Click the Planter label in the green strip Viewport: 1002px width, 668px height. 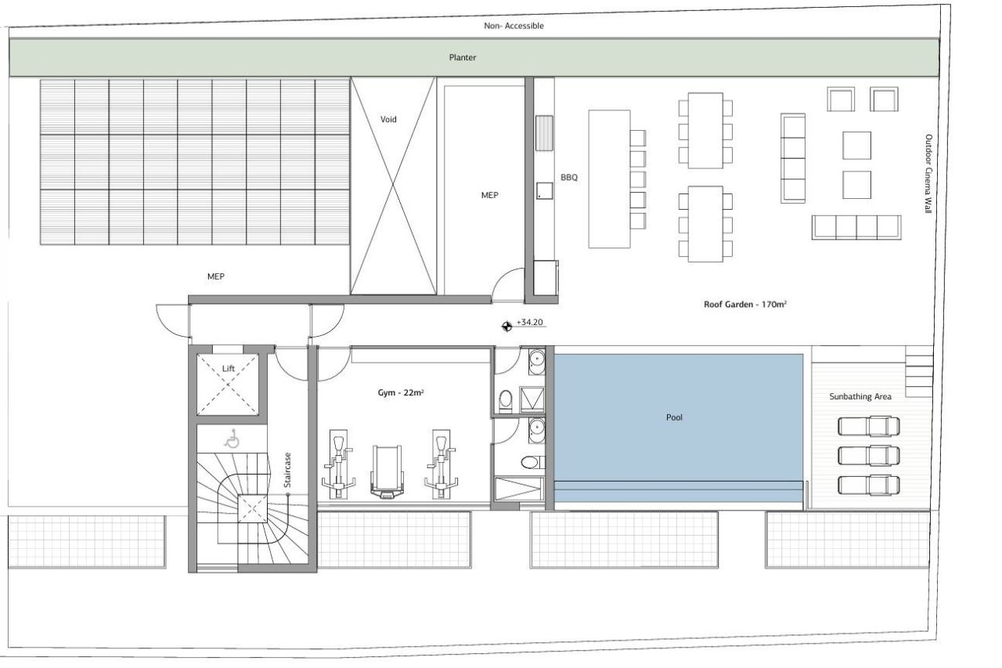click(x=462, y=57)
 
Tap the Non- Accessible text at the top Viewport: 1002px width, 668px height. click(x=514, y=26)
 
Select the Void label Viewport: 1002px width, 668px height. click(x=388, y=119)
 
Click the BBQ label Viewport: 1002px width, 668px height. click(x=568, y=178)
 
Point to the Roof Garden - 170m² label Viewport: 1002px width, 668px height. click(x=744, y=305)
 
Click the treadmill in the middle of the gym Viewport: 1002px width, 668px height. click(x=385, y=471)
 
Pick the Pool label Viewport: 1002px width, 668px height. click(x=674, y=417)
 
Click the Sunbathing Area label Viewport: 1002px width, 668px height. click(x=860, y=397)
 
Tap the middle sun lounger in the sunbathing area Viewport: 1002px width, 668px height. click(x=868, y=455)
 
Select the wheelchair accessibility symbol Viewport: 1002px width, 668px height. click(x=231, y=439)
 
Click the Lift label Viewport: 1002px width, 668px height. click(x=228, y=367)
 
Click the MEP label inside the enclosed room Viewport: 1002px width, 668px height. click(x=489, y=195)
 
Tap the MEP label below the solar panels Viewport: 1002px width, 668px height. click(x=216, y=276)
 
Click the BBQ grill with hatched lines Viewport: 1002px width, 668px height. click(x=545, y=132)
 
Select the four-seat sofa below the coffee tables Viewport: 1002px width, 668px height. click(x=856, y=226)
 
